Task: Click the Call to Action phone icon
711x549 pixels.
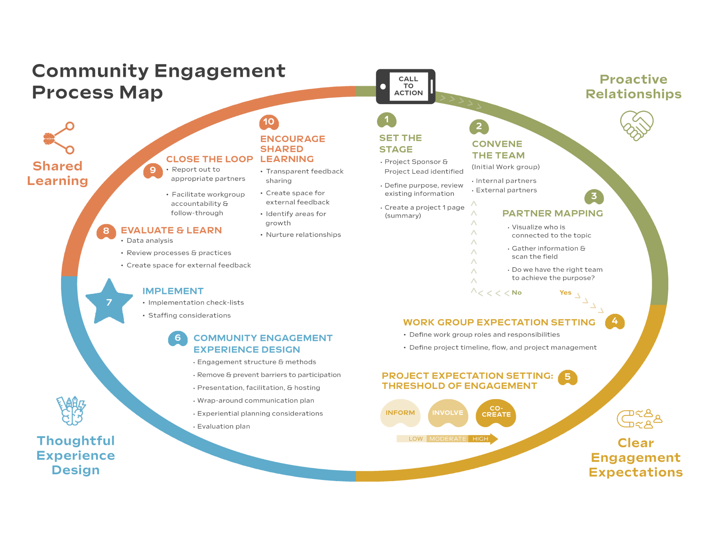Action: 406,86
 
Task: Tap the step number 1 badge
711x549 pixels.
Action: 387,120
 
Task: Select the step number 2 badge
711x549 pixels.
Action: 479,127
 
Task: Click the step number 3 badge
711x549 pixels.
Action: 594,196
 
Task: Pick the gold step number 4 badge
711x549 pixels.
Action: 615,321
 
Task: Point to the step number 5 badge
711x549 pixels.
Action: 568,377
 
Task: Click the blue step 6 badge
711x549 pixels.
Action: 178,338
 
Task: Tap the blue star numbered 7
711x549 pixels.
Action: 109,302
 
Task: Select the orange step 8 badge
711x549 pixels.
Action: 106,231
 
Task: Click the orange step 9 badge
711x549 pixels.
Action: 153,170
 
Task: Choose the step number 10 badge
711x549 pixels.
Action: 269,122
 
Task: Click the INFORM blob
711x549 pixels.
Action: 400,413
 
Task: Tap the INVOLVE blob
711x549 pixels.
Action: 448,413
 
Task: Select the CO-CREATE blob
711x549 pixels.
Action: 496,413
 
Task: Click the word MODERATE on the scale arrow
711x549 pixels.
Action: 448,439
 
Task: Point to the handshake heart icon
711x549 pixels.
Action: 637,125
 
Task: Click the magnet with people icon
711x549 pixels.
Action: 639,419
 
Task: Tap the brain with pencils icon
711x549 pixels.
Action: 71,411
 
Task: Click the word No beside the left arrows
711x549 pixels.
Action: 517,292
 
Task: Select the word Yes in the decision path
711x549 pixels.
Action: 565,292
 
